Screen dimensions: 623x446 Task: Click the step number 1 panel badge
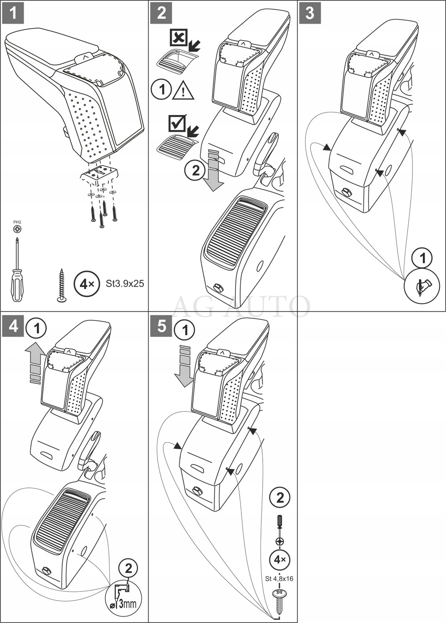click(x=13, y=13)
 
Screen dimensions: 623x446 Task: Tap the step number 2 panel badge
click(x=161, y=13)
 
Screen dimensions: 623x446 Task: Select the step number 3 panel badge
click(x=310, y=13)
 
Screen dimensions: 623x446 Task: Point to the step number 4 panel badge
click(x=13, y=326)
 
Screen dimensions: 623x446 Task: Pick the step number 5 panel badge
click(x=161, y=326)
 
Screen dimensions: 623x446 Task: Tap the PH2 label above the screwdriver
click(x=17, y=221)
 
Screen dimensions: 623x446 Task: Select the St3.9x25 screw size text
click(x=125, y=283)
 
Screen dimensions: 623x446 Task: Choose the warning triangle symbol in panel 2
click(x=184, y=90)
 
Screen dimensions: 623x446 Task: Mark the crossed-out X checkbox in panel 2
click(x=179, y=38)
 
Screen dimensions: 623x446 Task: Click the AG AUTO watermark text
click(x=241, y=306)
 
